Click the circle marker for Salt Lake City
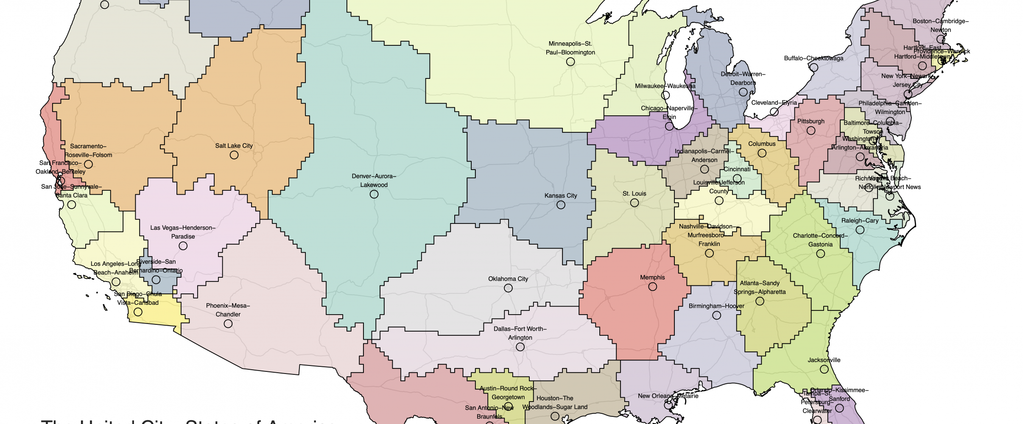coord(234,155)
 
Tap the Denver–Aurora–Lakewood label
coord(374,181)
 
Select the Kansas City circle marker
coord(561,205)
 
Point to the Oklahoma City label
coord(508,279)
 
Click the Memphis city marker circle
coord(653,287)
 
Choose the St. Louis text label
coord(634,194)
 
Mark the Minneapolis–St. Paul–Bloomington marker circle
coord(570,62)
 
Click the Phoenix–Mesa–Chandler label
coord(228,310)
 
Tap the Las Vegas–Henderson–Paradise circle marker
coord(183,246)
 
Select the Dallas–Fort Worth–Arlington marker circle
coord(520,347)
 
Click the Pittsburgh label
coord(811,121)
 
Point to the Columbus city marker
coord(762,153)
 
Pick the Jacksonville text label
coord(824,360)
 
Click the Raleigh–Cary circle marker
coord(860,230)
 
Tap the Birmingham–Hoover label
coord(716,306)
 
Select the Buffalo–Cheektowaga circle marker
coord(814,67)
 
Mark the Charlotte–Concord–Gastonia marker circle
coord(821,254)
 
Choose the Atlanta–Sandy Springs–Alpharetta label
coord(760,287)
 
